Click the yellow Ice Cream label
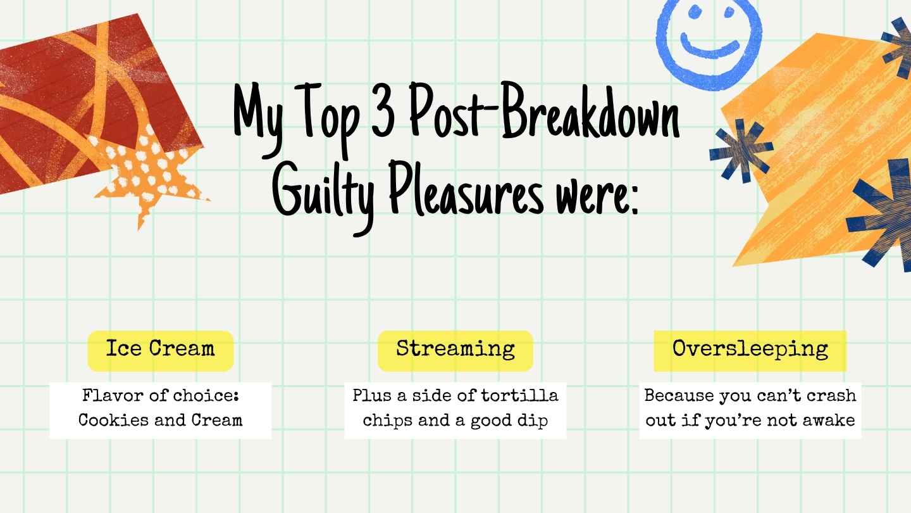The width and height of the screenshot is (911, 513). click(160, 350)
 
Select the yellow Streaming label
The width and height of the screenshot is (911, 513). click(455, 350)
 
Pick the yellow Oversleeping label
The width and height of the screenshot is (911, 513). click(750, 350)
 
